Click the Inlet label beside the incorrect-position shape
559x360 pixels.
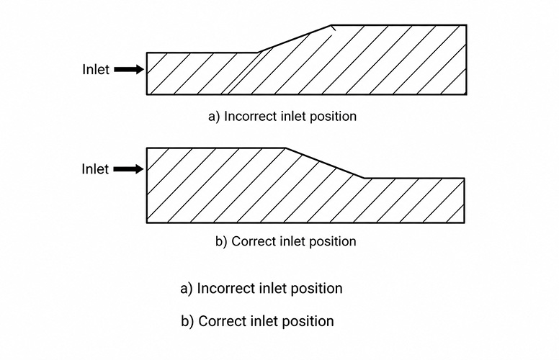(x=96, y=70)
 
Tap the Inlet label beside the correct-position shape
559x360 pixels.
(x=95, y=169)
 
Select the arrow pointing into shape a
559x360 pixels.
(x=129, y=70)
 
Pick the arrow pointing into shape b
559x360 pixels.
(x=128, y=169)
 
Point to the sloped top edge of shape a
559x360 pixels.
(x=295, y=39)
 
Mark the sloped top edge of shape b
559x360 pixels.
(x=325, y=163)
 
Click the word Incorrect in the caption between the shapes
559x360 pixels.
(x=251, y=117)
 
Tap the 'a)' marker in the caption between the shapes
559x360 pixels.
(x=214, y=117)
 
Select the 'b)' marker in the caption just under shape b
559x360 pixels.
(x=221, y=241)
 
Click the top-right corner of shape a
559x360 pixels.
(x=466, y=25)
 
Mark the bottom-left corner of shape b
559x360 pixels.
(x=147, y=222)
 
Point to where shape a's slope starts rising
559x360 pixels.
(x=259, y=53)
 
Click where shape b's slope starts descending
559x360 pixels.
(x=286, y=148)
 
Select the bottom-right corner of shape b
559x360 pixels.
(x=464, y=222)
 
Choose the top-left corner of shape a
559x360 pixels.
(x=147, y=53)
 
